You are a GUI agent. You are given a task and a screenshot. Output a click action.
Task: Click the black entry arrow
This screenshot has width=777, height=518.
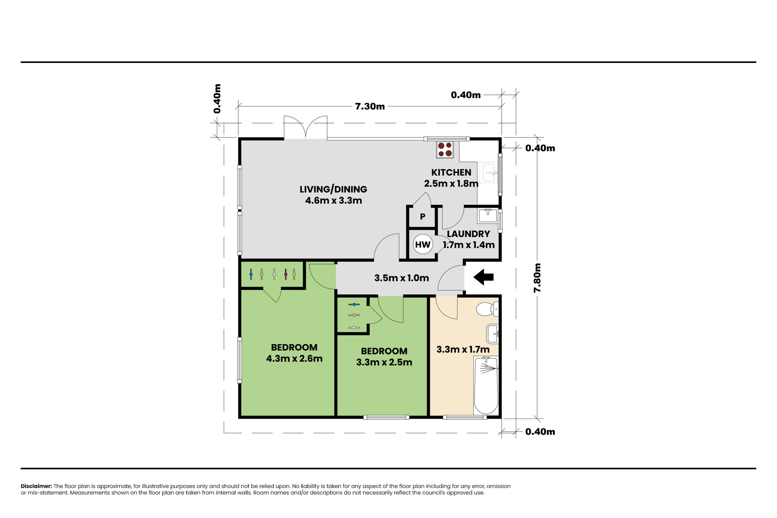[483, 277]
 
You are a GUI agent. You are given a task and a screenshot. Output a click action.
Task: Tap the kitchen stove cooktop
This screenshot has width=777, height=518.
[445, 150]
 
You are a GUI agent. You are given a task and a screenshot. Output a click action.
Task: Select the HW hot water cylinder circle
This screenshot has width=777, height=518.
[423, 244]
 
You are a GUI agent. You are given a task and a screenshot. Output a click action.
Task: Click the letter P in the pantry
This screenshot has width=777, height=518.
[422, 217]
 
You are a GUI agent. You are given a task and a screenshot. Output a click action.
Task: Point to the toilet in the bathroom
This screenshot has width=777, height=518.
[487, 309]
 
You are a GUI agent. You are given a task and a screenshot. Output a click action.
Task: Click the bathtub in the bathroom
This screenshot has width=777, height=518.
[486, 385]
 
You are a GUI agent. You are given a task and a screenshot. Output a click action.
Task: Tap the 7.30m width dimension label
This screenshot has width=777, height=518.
[370, 107]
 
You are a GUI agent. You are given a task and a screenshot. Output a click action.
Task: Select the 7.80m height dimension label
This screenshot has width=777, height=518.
[538, 278]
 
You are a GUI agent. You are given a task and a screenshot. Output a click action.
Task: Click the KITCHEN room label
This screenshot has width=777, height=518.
[451, 172]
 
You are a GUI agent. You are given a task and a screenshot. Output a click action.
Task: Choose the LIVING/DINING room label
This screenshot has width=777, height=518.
[333, 189]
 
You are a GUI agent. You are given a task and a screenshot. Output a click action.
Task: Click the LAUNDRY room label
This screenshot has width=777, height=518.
[468, 234]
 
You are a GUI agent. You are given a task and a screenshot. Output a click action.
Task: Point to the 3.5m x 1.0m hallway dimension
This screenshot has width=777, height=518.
[402, 278]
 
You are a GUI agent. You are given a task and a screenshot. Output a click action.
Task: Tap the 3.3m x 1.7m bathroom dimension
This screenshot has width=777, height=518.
[463, 350]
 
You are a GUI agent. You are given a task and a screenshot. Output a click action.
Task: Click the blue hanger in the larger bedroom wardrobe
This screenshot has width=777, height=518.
[251, 274]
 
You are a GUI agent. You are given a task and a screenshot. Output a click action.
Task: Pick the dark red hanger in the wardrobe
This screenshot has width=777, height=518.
[286, 274]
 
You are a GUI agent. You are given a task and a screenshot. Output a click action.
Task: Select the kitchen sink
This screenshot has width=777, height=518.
[488, 172]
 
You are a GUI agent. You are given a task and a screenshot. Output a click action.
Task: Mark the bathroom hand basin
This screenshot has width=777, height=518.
[493, 334]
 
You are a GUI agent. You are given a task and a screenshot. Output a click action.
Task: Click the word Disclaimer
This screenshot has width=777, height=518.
[36, 486]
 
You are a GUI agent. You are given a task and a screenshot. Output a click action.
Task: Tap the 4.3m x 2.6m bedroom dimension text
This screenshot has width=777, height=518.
[294, 358]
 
